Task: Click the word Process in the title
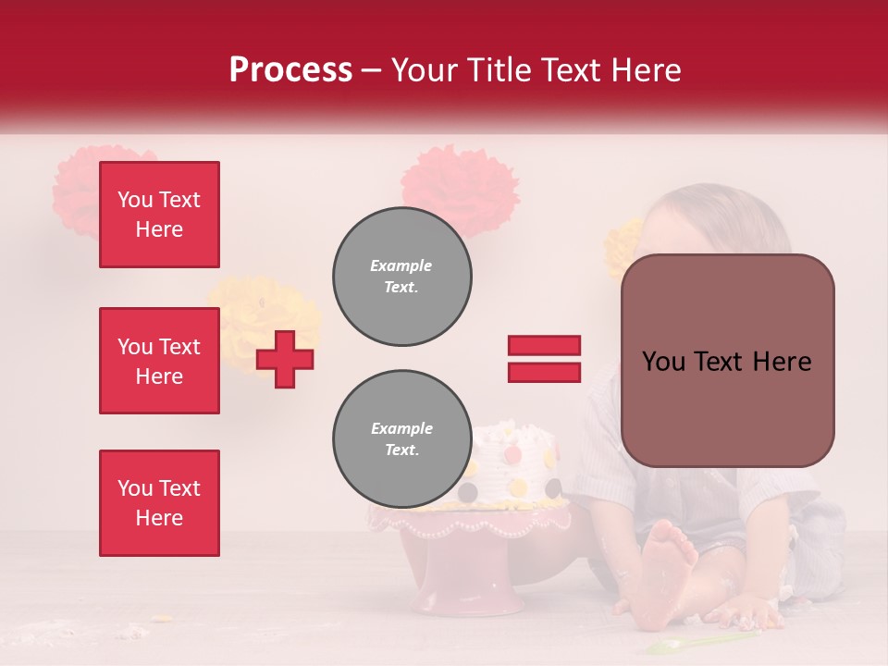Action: [290, 70]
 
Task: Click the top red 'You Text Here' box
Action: [159, 215]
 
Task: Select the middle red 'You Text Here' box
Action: [159, 361]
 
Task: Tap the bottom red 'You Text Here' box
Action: [159, 503]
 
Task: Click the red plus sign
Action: [285, 359]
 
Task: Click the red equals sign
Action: [544, 359]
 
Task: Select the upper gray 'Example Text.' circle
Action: [401, 277]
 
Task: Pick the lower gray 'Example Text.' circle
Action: [401, 439]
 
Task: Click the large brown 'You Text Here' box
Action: [727, 361]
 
